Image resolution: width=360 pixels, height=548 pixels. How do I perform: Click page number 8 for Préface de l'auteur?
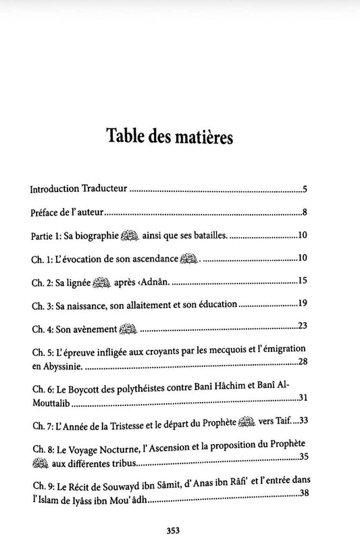pyautogui.click(x=305, y=213)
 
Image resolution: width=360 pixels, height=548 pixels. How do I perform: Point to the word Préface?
pyautogui.click(x=45, y=213)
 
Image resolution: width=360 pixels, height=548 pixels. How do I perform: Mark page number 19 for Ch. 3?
pyautogui.click(x=303, y=304)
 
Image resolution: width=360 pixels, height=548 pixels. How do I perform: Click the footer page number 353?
pyautogui.click(x=179, y=530)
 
